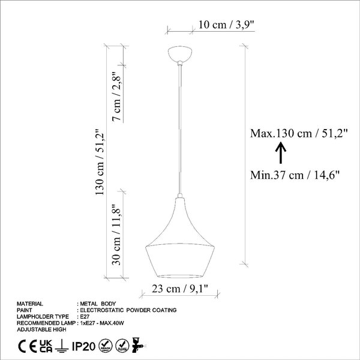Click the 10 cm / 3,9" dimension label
(x=226, y=25)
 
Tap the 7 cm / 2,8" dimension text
(x=116, y=97)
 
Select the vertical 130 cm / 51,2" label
(x=100, y=162)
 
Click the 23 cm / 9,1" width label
(x=180, y=289)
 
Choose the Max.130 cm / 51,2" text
(x=299, y=133)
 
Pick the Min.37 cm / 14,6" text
(x=295, y=175)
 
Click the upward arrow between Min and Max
(x=281, y=153)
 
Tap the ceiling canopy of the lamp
(x=180, y=55)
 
